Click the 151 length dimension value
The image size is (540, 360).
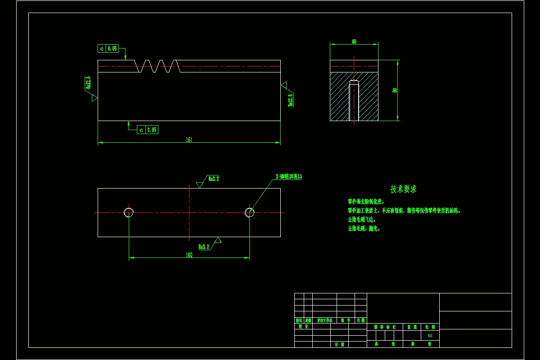tap(189, 140)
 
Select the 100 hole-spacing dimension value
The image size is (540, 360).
tap(189, 255)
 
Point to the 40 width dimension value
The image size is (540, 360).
tap(354, 41)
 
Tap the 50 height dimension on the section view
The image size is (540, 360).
tap(395, 90)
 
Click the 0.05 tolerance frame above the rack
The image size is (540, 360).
tap(108, 49)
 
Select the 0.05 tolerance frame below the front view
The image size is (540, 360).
tap(148, 130)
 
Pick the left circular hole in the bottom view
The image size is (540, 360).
tap(129, 212)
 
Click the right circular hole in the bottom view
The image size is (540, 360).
tap(250, 212)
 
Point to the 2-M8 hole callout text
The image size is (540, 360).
tap(288, 177)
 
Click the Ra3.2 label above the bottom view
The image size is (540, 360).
tap(213, 179)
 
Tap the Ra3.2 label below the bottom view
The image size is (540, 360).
tap(204, 247)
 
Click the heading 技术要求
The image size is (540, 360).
tap(403, 189)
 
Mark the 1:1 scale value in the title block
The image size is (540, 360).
tap(430, 336)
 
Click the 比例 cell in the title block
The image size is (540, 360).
tap(430, 327)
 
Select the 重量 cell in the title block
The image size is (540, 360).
tap(412, 327)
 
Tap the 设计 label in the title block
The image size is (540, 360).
tap(303, 327)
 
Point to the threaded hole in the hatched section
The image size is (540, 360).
tap(354, 101)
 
